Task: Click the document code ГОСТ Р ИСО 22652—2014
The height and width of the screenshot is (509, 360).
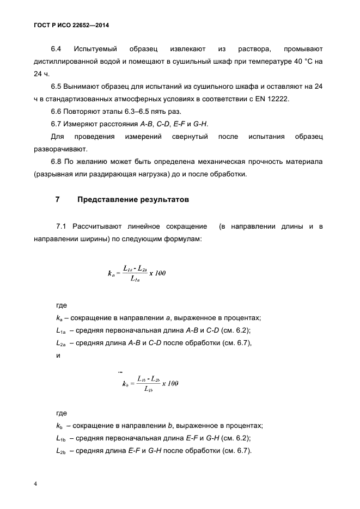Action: (x=68, y=26)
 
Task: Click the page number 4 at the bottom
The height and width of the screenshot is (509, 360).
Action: (x=35, y=484)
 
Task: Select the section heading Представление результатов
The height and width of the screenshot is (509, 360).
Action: (x=133, y=200)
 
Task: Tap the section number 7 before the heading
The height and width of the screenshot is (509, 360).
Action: (x=58, y=200)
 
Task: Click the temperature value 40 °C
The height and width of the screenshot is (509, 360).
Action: (x=298, y=62)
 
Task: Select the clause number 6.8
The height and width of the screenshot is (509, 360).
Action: (x=57, y=162)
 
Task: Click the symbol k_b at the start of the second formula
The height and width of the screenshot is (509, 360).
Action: (x=126, y=384)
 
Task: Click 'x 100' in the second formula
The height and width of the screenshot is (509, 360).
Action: (x=170, y=383)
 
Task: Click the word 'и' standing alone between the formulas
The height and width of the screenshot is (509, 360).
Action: (x=58, y=355)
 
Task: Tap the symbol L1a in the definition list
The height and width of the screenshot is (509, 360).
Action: (x=60, y=330)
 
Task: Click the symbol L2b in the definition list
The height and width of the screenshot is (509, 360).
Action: (x=60, y=451)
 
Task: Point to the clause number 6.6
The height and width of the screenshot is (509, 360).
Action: (x=57, y=112)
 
